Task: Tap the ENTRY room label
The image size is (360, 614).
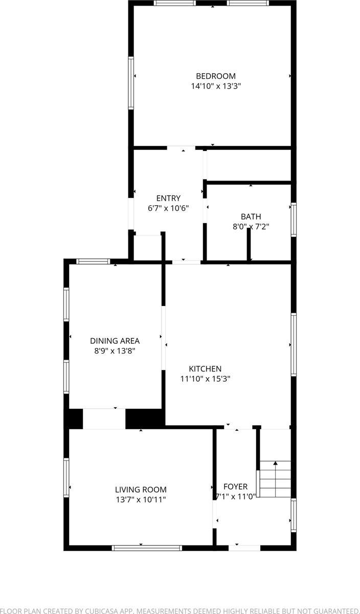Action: coord(168,199)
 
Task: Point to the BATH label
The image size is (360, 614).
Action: coord(251,216)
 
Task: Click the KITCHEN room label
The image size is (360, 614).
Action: coord(205,368)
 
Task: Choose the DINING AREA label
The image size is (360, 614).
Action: coord(115,341)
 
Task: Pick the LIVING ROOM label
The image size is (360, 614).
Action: coord(141,490)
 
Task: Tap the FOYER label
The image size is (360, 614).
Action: coord(235,487)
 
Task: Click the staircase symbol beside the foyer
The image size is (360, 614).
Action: coord(275,479)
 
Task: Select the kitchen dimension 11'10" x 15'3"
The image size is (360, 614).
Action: coord(205,379)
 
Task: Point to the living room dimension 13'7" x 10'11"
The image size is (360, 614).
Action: coord(141,499)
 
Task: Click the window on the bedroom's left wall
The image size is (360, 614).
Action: coord(131,83)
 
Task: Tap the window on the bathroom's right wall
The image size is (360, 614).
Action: coord(294,220)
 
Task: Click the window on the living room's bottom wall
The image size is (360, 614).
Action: coord(147,548)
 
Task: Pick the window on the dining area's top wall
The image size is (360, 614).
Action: coord(93,261)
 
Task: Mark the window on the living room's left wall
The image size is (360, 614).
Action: coord(66,477)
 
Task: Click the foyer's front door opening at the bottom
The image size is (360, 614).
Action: coord(244,548)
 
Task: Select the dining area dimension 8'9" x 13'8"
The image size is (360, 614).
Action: coord(115,351)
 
